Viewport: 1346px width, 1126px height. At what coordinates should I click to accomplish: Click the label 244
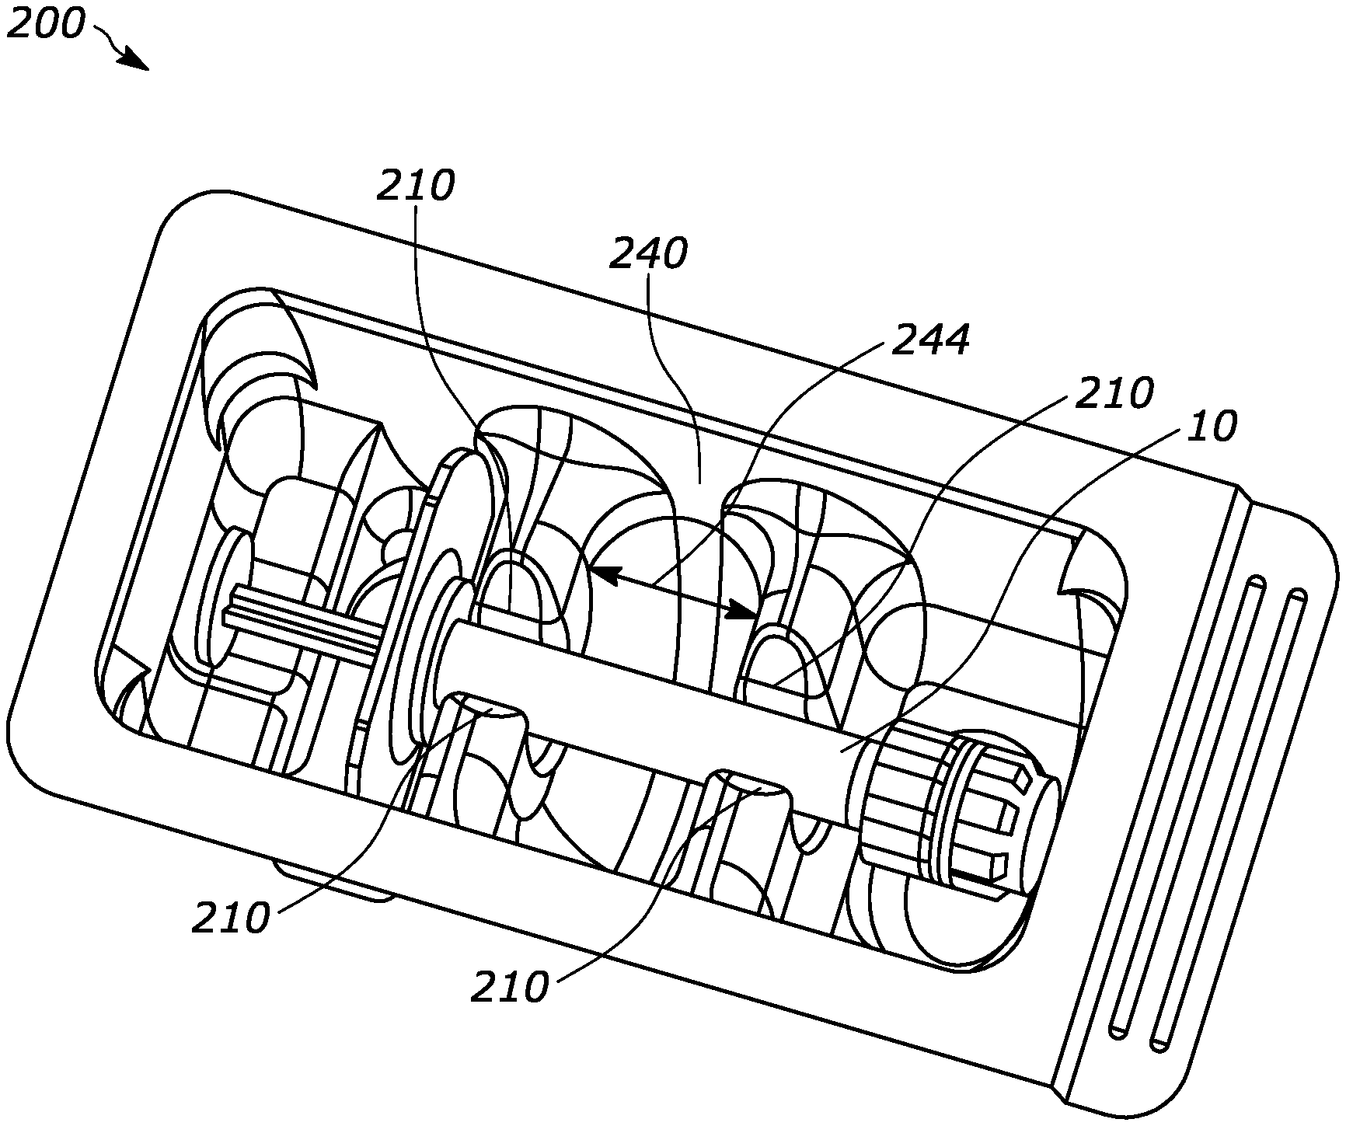(x=930, y=340)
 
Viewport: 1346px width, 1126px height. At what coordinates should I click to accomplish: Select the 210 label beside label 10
(x=1114, y=393)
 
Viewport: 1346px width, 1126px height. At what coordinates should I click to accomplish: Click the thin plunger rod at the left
(x=303, y=627)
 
